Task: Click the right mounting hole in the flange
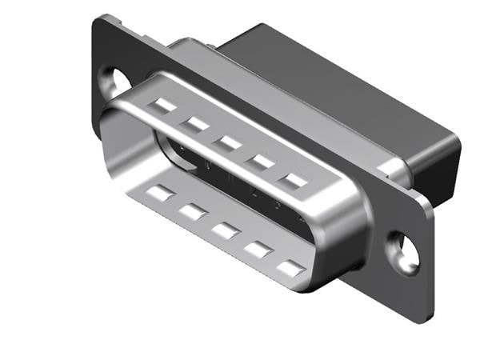pyautogui.click(x=402, y=250)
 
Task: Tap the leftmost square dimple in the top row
pyautogui.click(x=166, y=105)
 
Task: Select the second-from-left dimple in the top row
pyautogui.click(x=196, y=123)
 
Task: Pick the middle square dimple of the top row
pyautogui.click(x=227, y=142)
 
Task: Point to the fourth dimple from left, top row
pyautogui.click(x=260, y=162)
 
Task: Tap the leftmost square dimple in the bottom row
pyautogui.click(x=162, y=192)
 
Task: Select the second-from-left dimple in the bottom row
pyautogui.click(x=192, y=211)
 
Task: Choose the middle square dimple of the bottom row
pyautogui.click(x=225, y=231)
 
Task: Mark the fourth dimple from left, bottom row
pyautogui.click(x=258, y=250)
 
